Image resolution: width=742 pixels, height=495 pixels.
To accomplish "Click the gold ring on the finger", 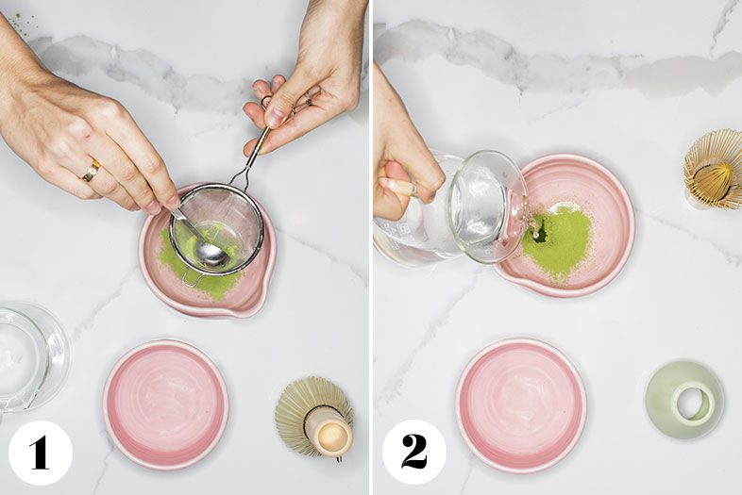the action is [x=91, y=172].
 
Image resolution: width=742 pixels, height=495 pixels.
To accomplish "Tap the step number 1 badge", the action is [x=41, y=453].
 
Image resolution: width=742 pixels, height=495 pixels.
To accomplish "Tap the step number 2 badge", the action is [x=414, y=452].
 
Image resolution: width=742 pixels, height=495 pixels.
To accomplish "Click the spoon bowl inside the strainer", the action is [x=211, y=255].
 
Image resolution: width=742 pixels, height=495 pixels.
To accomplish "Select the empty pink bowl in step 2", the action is [x=521, y=405].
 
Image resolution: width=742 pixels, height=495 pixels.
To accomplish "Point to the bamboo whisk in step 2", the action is [x=714, y=170].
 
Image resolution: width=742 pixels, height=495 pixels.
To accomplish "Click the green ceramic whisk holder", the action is [x=684, y=399].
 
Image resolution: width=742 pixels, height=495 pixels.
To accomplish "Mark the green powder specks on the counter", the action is [x=23, y=22].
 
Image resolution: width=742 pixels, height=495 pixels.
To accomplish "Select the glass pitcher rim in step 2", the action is [x=488, y=206].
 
